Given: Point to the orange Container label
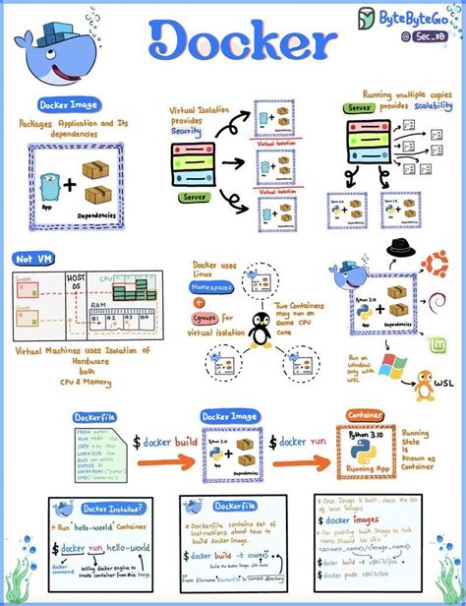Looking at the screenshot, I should click(x=364, y=415).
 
